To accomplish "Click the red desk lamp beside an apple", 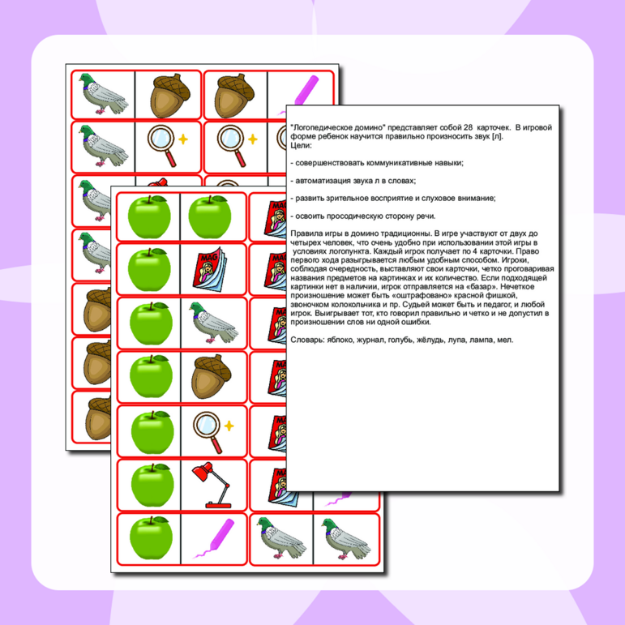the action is [x=212, y=485].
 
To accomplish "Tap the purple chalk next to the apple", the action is [x=214, y=538].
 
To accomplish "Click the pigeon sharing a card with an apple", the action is [x=213, y=323].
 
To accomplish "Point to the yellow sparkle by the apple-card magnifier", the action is [x=229, y=426].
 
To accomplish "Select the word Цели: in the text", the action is [x=302, y=145].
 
